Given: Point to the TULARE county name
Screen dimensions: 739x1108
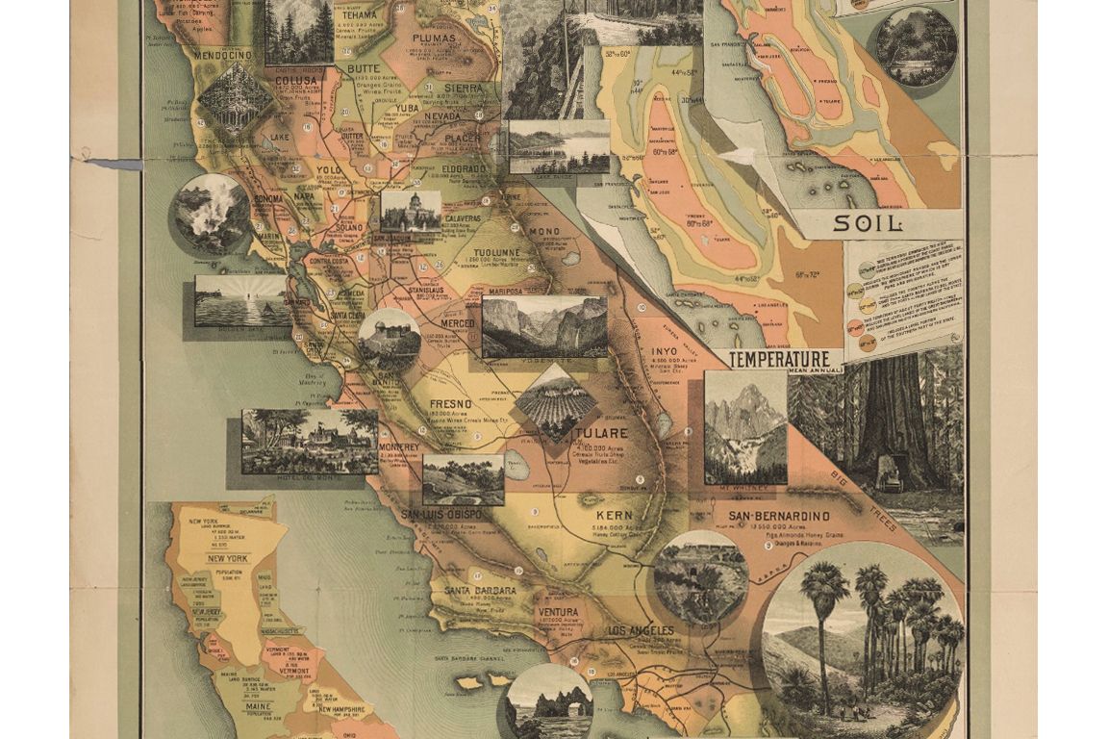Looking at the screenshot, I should [x=603, y=433].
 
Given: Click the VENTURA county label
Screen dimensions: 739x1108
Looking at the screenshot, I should [x=559, y=611].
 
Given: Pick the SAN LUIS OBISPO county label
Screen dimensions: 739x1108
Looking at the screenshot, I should [x=447, y=514].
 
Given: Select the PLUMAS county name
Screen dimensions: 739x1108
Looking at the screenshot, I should [x=433, y=38].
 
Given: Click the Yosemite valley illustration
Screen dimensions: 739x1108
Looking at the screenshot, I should [x=544, y=327].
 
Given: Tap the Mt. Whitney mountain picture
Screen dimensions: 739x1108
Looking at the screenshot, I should [x=744, y=426].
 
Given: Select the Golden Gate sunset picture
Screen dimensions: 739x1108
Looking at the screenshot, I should [x=240, y=300].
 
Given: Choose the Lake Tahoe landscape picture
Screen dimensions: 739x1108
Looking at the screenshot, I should [x=559, y=146].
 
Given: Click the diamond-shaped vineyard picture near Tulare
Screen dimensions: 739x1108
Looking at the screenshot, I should [x=556, y=402].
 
